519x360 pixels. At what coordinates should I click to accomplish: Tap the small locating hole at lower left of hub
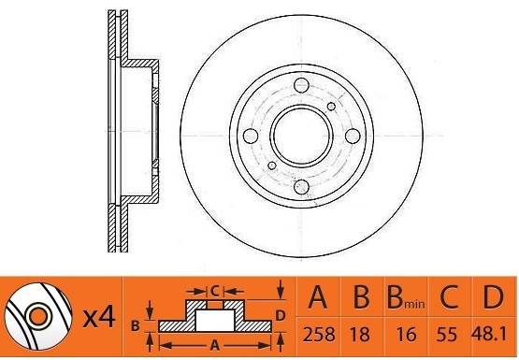pyautogui.click(x=272, y=167)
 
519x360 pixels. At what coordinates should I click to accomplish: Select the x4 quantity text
pyautogui.click(x=98, y=318)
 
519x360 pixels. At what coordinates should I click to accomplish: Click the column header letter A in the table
pyautogui.click(x=319, y=299)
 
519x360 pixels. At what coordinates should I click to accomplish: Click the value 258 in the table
pyautogui.click(x=319, y=334)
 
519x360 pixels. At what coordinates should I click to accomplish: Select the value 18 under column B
pyautogui.click(x=361, y=334)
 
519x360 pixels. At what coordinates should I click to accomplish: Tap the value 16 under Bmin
pyautogui.click(x=406, y=334)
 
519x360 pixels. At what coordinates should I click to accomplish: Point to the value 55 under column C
pyautogui.click(x=451, y=334)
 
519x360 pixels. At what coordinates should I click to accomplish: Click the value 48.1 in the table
pyautogui.click(x=492, y=334)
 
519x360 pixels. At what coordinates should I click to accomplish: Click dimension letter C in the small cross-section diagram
pyautogui.click(x=214, y=291)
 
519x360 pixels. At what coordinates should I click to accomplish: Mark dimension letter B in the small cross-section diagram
pyautogui.click(x=135, y=325)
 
